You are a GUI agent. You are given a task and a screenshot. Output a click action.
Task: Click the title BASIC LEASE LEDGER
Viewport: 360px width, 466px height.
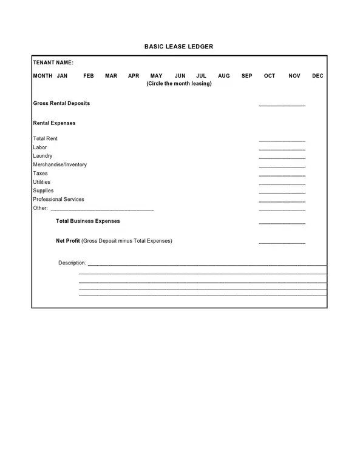click(178, 46)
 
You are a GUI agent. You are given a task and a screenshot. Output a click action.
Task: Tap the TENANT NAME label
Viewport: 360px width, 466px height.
click(53, 62)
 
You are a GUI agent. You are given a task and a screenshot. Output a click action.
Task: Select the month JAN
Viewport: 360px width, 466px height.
click(62, 76)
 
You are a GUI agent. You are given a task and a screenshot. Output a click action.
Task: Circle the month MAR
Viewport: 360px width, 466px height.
click(111, 76)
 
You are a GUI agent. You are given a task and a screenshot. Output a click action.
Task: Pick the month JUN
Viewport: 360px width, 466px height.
click(180, 76)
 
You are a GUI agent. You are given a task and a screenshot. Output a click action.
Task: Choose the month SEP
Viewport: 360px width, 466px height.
click(246, 76)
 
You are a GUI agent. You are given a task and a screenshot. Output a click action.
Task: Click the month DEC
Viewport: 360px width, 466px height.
click(318, 76)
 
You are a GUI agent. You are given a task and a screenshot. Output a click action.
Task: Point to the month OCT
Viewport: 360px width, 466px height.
click(270, 76)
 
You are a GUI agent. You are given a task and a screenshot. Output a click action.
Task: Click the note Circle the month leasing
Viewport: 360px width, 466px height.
click(179, 84)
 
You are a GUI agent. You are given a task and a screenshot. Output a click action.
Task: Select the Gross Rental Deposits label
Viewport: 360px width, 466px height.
click(61, 103)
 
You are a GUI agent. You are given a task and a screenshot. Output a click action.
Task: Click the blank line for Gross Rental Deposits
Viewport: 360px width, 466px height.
click(282, 105)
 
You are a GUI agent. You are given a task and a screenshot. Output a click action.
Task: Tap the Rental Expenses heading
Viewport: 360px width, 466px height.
click(54, 123)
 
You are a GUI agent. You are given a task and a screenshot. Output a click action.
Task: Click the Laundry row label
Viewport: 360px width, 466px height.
click(42, 156)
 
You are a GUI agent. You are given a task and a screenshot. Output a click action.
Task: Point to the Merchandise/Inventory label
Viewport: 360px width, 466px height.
click(59, 164)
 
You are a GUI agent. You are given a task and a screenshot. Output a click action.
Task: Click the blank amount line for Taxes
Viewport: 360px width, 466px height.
click(282, 175)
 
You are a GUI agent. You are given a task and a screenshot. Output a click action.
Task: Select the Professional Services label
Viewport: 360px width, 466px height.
click(58, 199)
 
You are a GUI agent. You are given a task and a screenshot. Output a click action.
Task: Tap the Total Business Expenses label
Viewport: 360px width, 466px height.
click(88, 221)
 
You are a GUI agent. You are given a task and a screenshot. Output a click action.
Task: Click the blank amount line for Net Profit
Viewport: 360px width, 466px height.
click(282, 243)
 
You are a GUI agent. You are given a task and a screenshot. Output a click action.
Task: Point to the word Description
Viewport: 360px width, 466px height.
click(72, 263)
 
